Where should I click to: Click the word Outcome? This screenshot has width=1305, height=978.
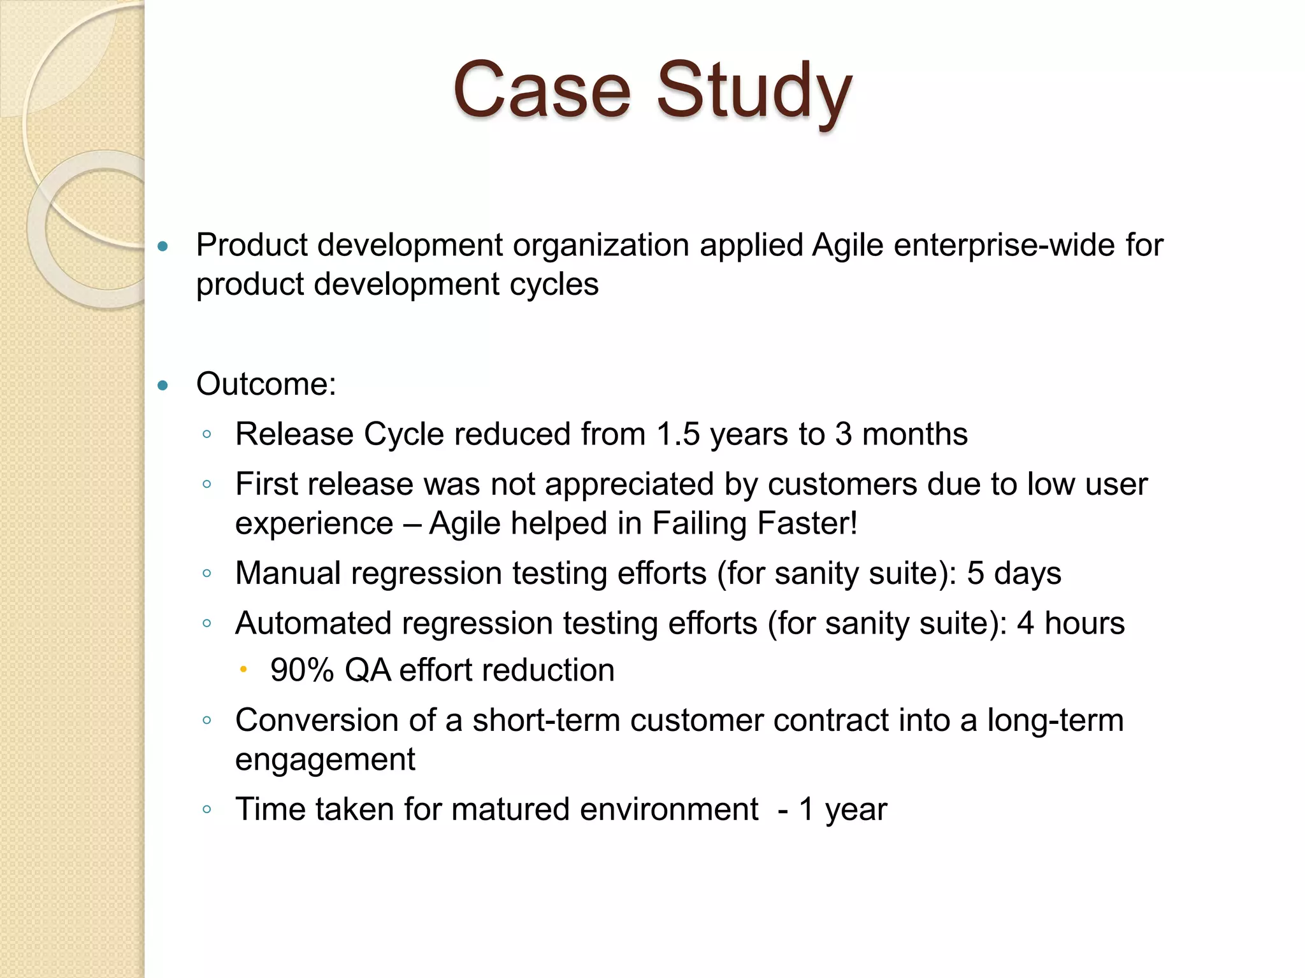266,384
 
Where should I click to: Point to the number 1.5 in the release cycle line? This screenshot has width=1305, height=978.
678,434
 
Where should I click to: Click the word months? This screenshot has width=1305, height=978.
914,434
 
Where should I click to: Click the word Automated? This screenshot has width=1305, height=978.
313,623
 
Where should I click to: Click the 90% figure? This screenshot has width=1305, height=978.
302,670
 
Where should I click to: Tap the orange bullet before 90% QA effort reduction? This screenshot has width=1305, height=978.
243,669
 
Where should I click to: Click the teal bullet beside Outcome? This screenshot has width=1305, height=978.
163,385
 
